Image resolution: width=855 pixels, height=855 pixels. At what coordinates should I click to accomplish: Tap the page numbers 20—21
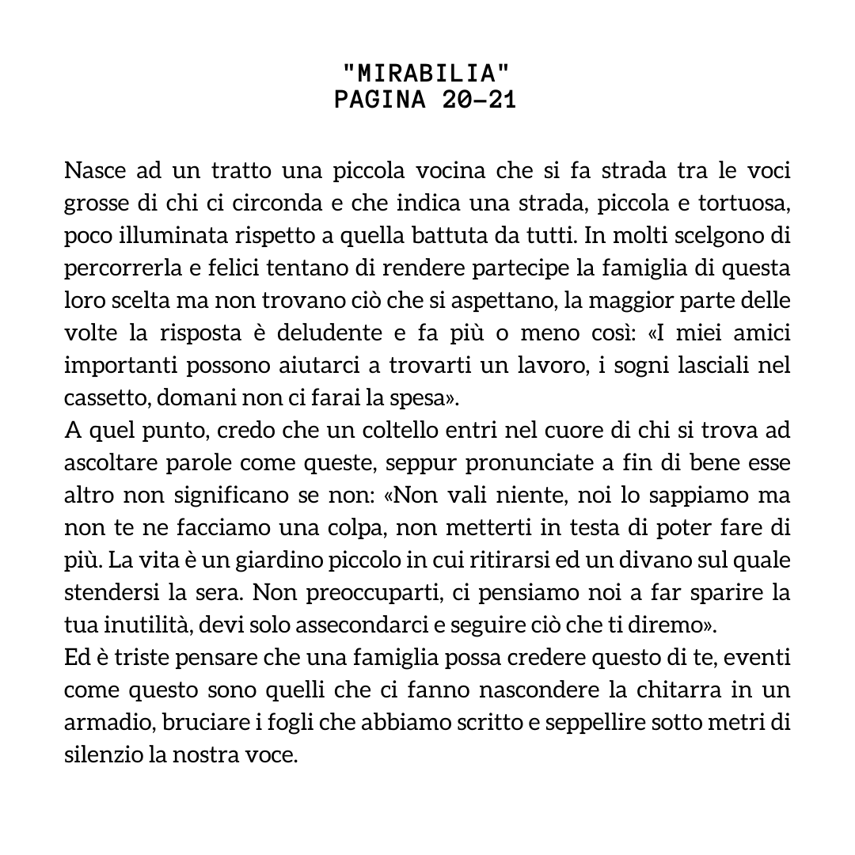pos(473,101)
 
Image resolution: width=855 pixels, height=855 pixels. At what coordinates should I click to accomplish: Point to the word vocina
pos(449,171)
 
